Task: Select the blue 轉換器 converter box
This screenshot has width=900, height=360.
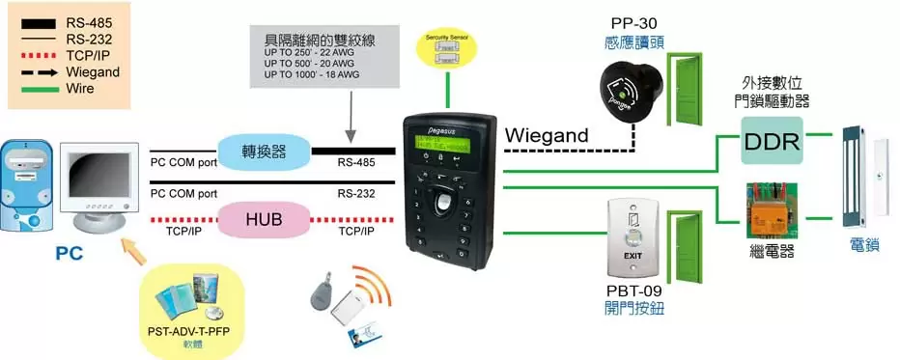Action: pos(264,151)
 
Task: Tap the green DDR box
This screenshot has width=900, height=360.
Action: pos(772,142)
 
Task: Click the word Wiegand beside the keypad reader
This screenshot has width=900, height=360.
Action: pos(547,137)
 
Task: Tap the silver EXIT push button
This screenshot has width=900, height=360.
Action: pos(632,235)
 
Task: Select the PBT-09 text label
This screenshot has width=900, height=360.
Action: pos(632,291)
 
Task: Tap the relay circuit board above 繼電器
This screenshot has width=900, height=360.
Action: pos(771,211)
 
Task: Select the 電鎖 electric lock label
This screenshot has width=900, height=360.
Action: pos(864,247)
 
